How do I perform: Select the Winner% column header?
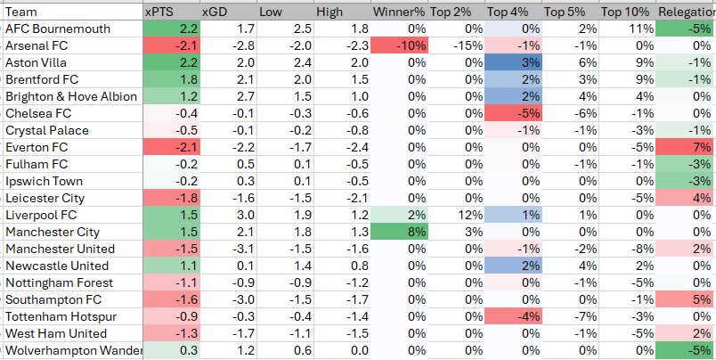(x=400, y=12)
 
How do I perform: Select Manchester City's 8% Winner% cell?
(x=400, y=232)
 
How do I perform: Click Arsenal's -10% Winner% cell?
(x=400, y=45)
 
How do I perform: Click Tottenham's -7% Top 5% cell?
(x=570, y=316)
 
